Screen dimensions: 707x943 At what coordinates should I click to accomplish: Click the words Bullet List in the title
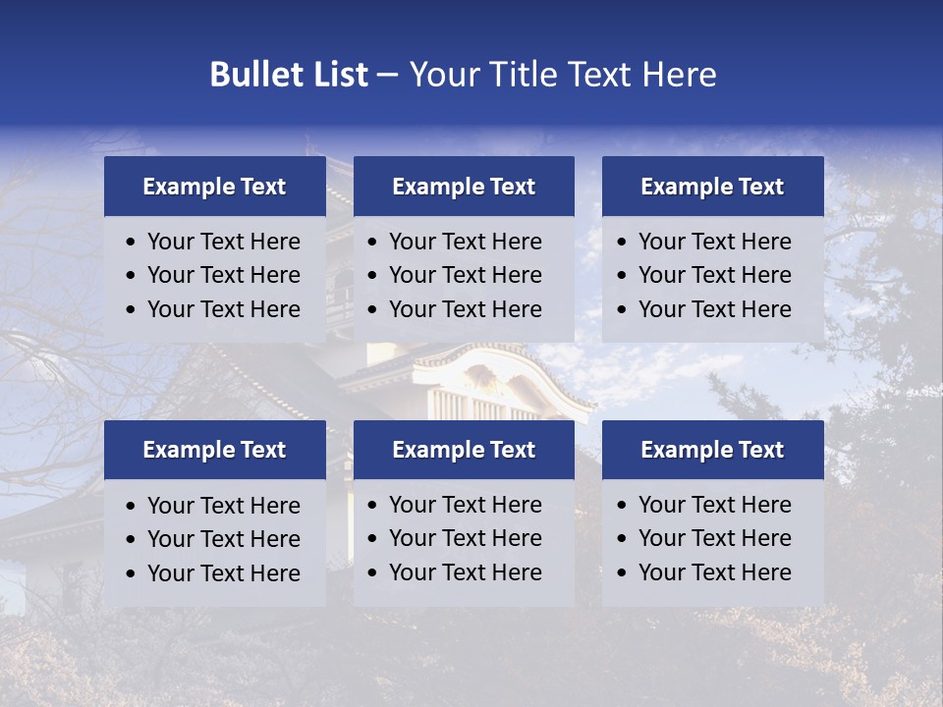(289, 75)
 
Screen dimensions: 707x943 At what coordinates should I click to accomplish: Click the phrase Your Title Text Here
(563, 75)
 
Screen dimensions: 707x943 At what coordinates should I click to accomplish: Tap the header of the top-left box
(214, 187)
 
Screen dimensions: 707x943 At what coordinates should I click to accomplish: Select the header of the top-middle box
(464, 187)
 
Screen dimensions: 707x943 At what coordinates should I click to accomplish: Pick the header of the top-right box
(712, 187)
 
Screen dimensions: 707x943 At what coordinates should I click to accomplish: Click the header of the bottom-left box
(214, 450)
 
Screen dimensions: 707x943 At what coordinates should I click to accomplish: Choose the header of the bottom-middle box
(464, 450)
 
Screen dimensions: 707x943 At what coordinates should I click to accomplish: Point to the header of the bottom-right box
(712, 450)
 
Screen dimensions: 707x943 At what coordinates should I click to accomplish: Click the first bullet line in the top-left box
(223, 242)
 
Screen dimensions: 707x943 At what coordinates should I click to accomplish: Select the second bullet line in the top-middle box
(465, 275)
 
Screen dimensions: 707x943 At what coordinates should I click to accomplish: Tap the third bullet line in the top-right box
(714, 309)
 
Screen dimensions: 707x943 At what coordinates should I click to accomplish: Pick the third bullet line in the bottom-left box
(223, 573)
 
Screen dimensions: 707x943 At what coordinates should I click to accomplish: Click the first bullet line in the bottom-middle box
(465, 505)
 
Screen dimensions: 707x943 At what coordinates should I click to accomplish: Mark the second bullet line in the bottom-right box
(714, 538)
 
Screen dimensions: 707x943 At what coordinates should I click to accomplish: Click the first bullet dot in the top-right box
(622, 243)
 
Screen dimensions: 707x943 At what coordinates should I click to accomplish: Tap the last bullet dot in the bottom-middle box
(372, 573)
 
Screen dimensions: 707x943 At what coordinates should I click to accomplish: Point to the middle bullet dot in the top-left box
(131, 276)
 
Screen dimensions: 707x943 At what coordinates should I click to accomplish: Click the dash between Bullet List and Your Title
(387, 75)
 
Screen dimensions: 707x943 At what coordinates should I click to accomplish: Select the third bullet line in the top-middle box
(465, 309)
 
